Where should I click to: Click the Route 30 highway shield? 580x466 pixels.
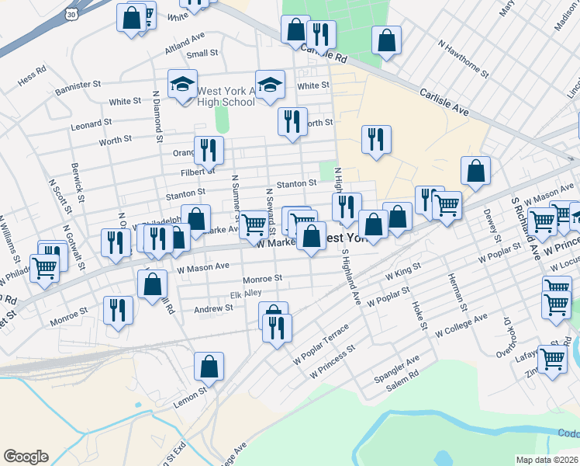pos(71,14)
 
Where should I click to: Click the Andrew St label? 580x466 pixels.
pos(213,308)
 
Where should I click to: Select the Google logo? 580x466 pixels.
pos(26,457)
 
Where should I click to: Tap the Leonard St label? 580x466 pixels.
pos(91,124)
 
